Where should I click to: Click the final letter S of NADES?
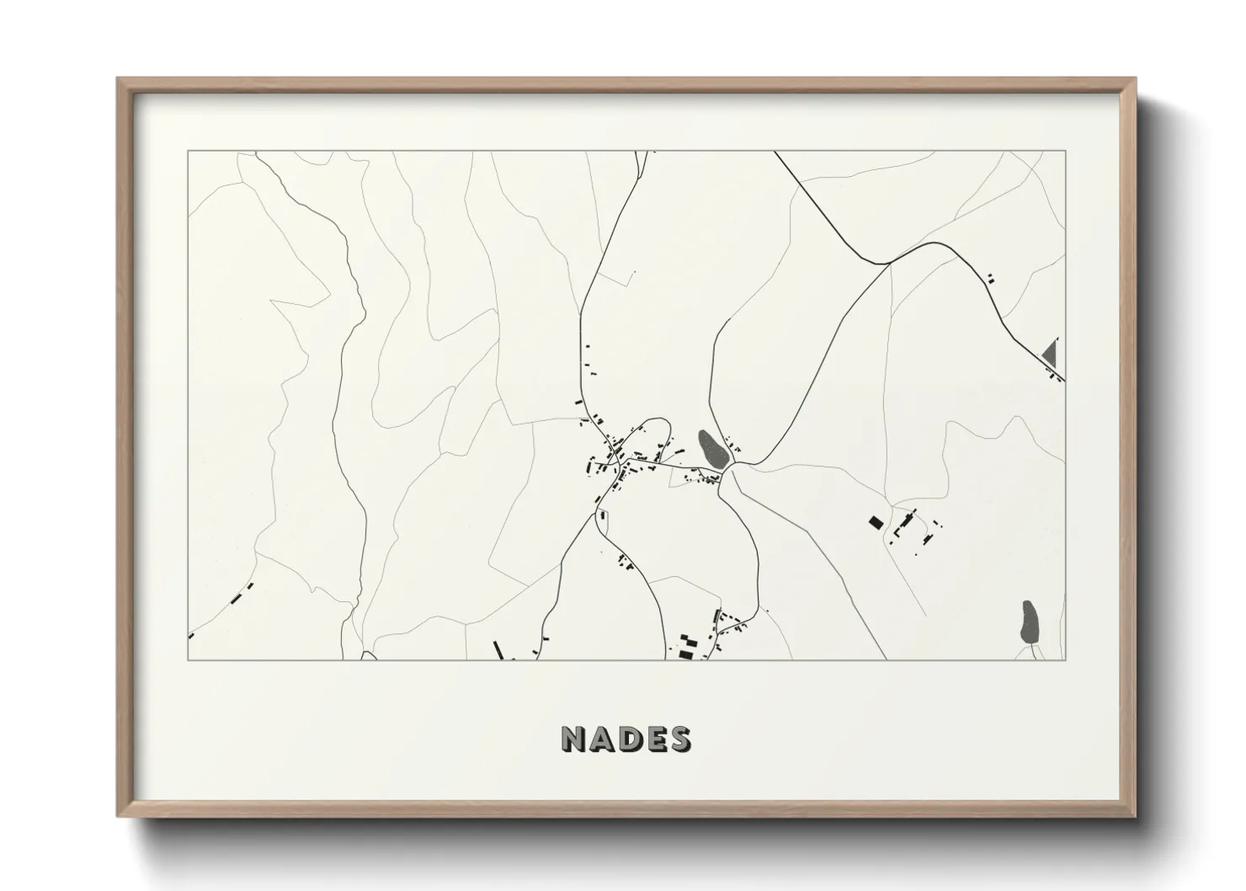[x=679, y=739]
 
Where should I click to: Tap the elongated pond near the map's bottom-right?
[x=1030, y=623]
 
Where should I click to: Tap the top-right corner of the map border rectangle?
[x=1065, y=152]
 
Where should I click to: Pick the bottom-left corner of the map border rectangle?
[x=188, y=659]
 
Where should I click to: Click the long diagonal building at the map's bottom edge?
[x=498, y=649]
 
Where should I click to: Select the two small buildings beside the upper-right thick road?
[x=990, y=276]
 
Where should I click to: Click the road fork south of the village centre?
[x=599, y=510]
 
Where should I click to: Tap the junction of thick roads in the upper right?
[x=889, y=264]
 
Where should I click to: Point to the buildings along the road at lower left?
[x=242, y=592]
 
